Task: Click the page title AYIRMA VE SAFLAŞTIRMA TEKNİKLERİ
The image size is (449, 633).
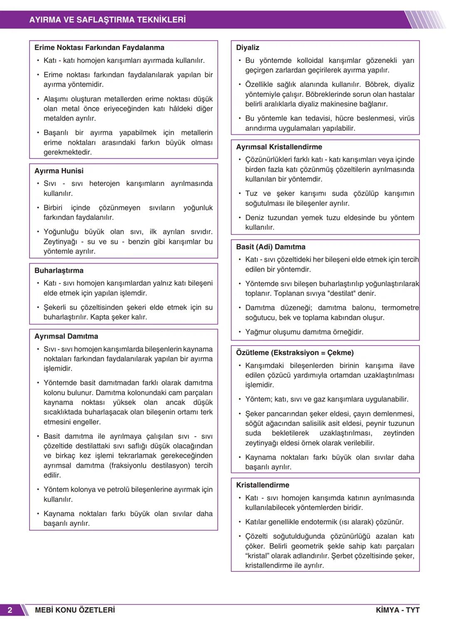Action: point(107,20)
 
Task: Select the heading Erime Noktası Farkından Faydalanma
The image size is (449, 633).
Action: point(99,47)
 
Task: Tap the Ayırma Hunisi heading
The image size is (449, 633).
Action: point(59,171)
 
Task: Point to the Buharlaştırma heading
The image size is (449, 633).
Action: point(59,270)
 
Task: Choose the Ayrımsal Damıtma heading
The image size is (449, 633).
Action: point(66,336)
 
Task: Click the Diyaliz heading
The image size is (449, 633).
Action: point(247,47)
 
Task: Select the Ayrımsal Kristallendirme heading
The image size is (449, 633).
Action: point(279,147)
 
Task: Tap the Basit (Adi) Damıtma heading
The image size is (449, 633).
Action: point(271,247)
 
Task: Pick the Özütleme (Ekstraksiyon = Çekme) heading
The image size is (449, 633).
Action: point(295,353)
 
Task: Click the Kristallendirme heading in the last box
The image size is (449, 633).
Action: point(262,485)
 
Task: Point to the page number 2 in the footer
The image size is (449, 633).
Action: point(10,610)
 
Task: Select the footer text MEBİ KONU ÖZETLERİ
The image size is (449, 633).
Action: point(75,610)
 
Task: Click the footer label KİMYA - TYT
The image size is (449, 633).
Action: point(397,610)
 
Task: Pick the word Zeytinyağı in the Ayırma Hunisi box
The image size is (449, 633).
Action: point(60,242)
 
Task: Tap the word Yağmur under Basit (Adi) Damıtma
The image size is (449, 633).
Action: point(258,332)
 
